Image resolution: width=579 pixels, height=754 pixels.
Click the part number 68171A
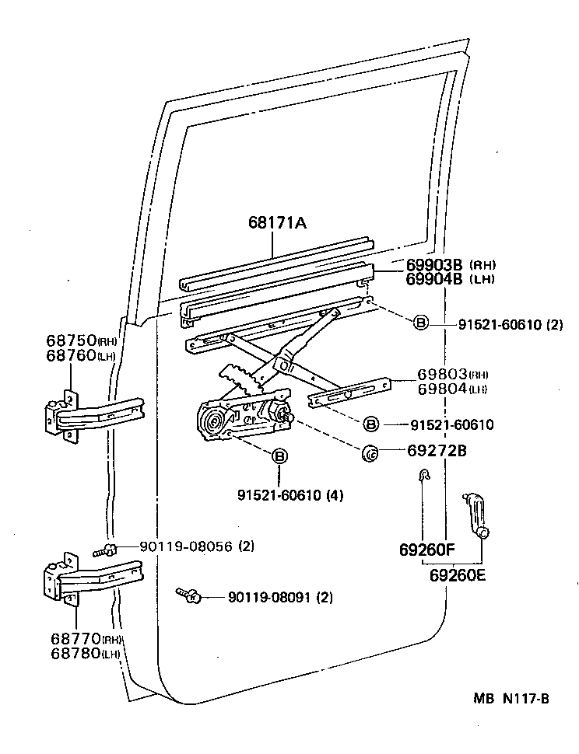tap(277, 223)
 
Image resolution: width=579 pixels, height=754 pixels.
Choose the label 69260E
tap(458, 575)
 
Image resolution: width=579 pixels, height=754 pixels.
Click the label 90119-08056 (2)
tap(197, 546)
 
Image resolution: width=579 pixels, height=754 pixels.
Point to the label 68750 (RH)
tap(85, 340)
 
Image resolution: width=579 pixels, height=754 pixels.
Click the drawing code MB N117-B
tap(511, 698)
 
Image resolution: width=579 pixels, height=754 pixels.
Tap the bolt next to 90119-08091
tap(188, 595)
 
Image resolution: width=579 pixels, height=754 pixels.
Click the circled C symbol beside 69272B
tap(370, 451)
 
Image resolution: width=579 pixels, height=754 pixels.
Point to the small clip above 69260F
tap(423, 476)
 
